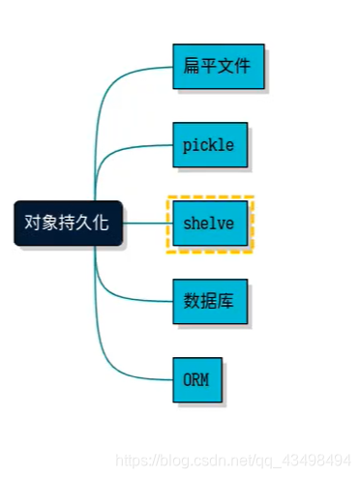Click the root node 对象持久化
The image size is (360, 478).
click(67, 223)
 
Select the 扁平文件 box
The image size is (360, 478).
click(217, 66)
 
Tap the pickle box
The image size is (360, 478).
click(209, 144)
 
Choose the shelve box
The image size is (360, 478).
click(209, 224)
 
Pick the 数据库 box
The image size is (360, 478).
click(209, 301)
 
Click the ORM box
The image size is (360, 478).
click(196, 378)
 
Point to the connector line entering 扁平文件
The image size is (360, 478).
click(145, 70)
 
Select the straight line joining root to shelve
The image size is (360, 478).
click(145, 223)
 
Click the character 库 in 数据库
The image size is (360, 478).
click(226, 301)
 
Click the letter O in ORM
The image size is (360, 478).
click(188, 378)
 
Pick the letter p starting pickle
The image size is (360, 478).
click(187, 145)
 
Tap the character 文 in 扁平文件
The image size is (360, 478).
click(225, 67)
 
